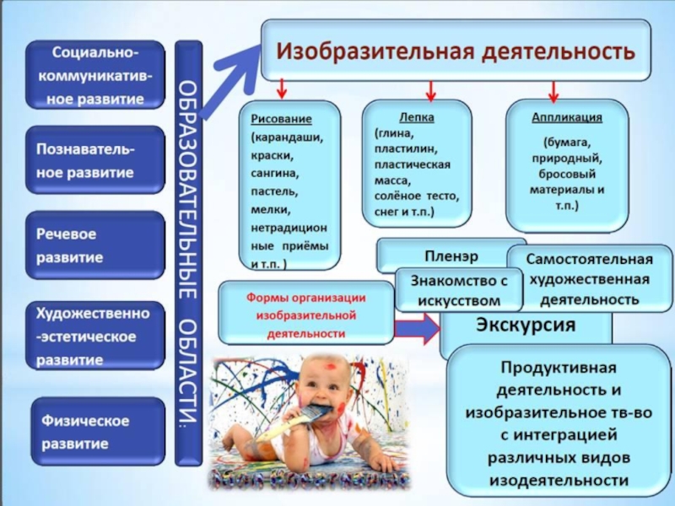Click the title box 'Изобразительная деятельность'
pos(456,50)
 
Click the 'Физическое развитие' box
pos(94,431)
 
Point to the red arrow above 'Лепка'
pos(430,89)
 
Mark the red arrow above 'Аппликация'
pos(553,90)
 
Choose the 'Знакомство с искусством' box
pos(458,289)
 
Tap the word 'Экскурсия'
pos(525,325)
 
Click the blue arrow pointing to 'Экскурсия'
pos(418,328)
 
